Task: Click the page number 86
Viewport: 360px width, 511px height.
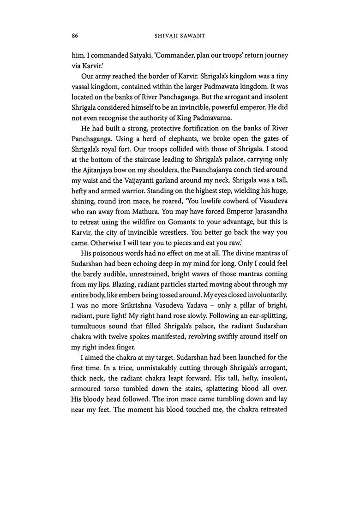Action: click(x=74, y=35)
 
